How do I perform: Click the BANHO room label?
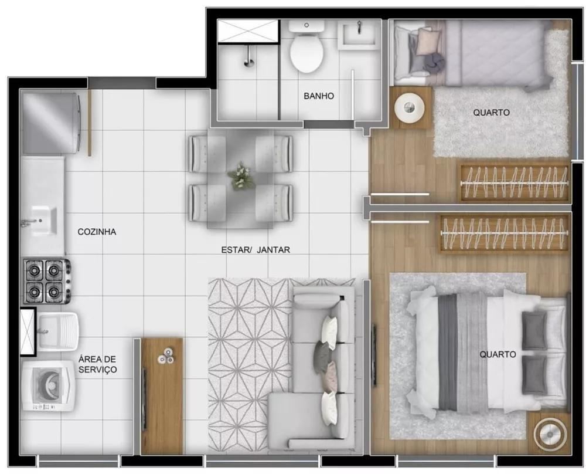click(x=319, y=96)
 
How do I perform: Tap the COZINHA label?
click(x=97, y=232)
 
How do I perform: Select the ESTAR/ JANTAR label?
click(x=255, y=249)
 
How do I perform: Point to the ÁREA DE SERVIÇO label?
click(x=98, y=364)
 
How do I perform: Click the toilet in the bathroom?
click(x=306, y=49)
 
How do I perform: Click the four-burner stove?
click(x=46, y=280)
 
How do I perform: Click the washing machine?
click(x=47, y=387)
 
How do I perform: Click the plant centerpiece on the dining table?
click(x=241, y=176)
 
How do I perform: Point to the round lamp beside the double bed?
click(x=550, y=435)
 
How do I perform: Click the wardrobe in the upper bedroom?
click(x=514, y=183)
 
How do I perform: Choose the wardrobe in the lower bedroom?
click(x=505, y=233)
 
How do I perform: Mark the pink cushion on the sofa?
click(x=331, y=371)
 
